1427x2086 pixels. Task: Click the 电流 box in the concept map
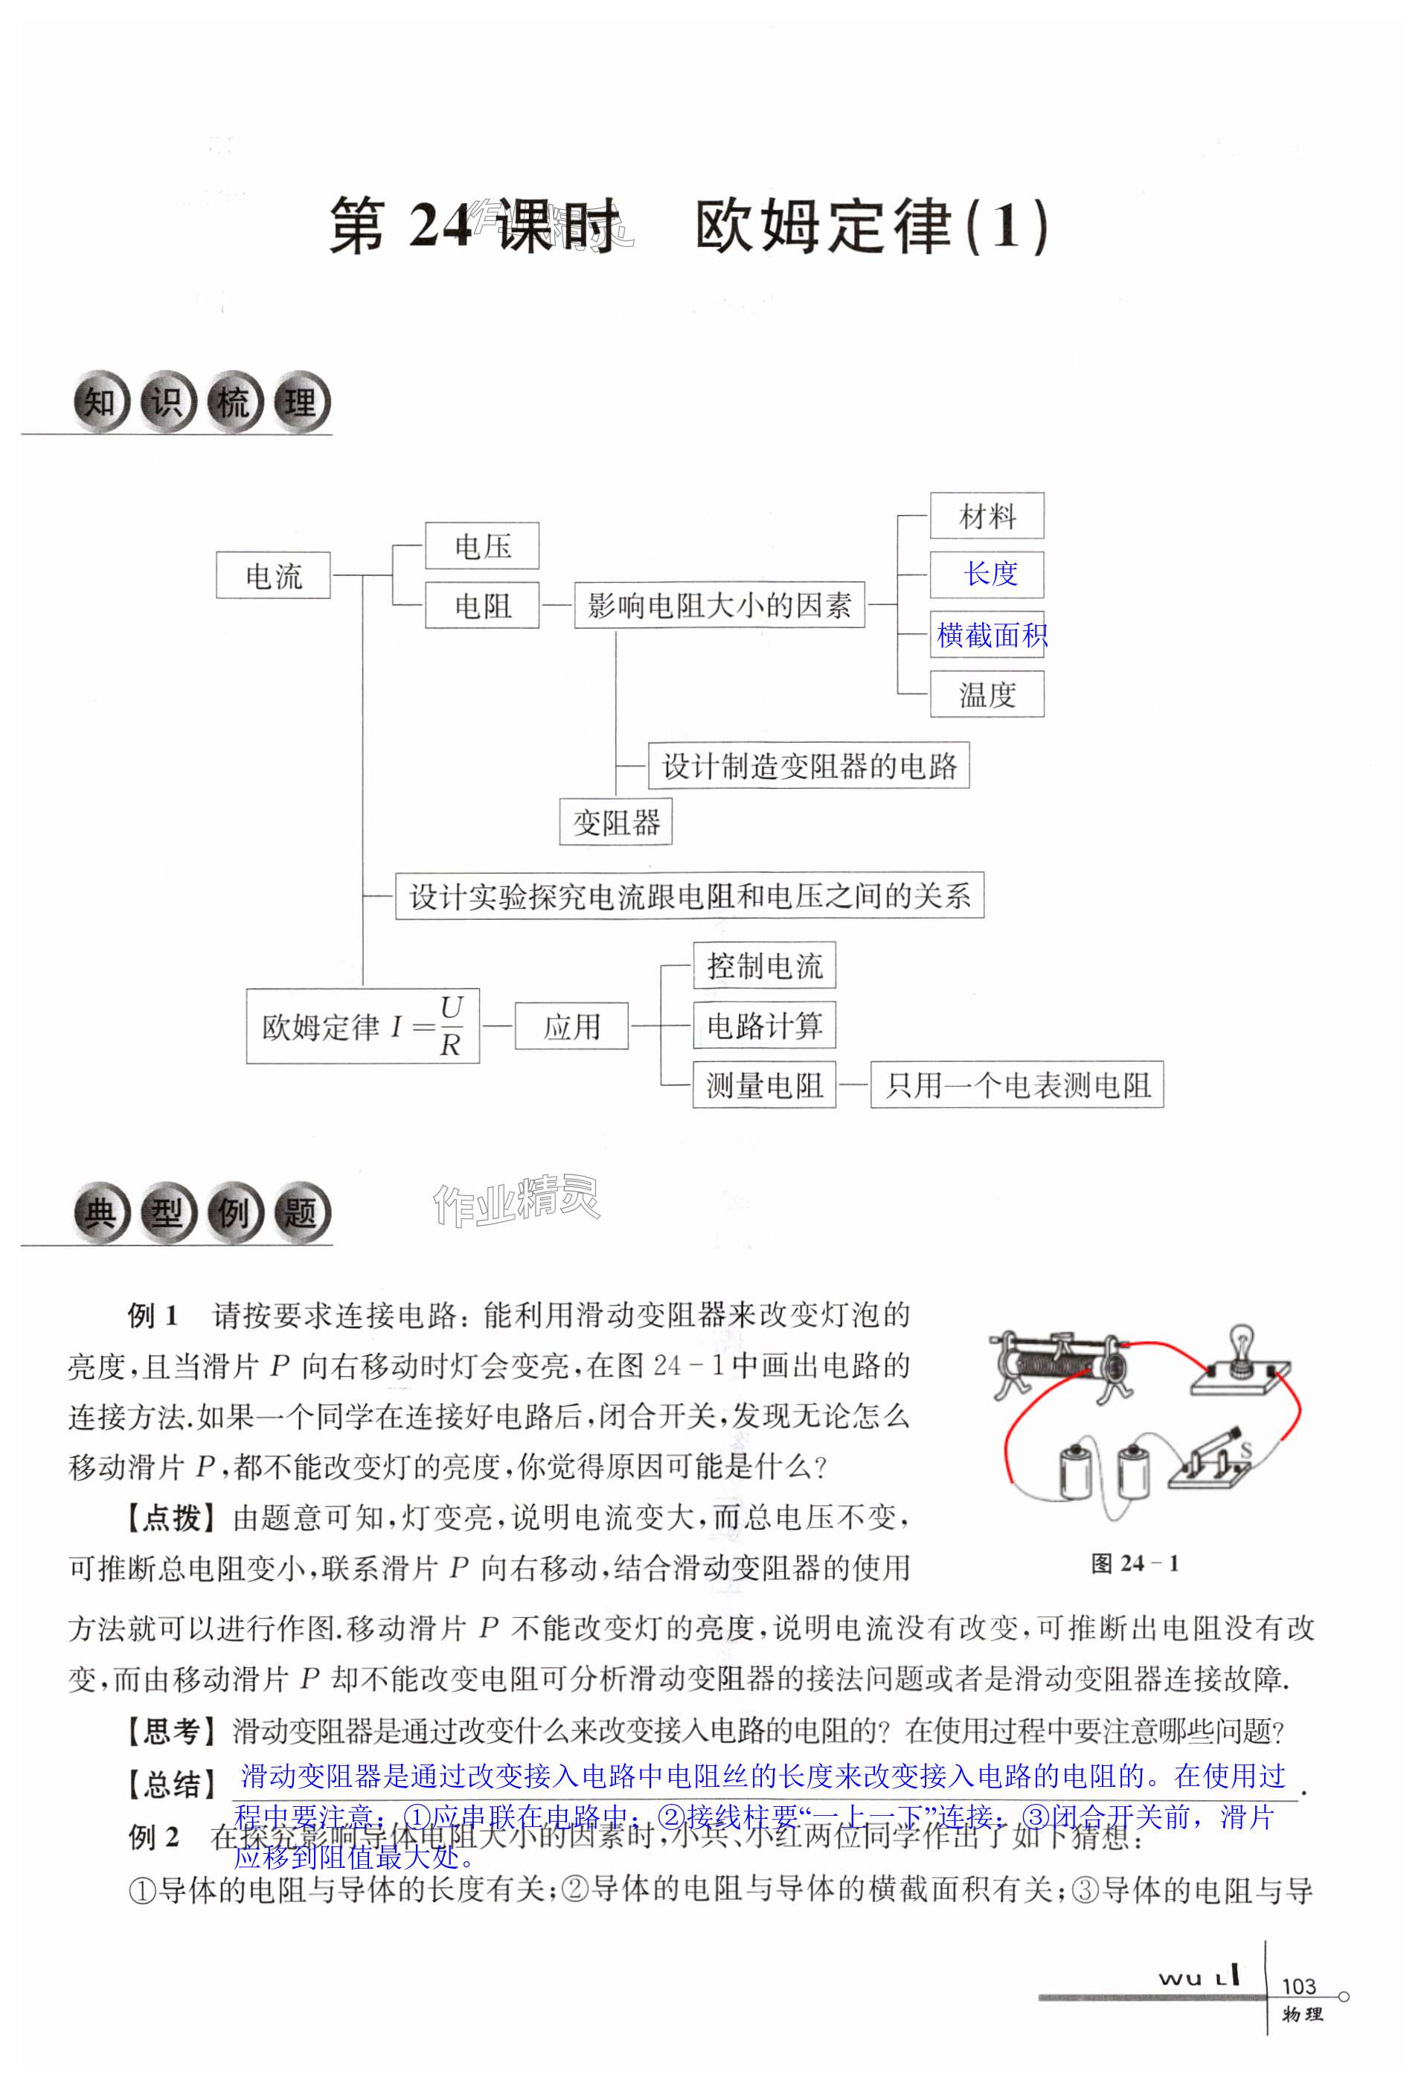273,575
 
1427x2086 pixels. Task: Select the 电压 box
482,546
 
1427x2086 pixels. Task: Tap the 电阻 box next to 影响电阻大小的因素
482,606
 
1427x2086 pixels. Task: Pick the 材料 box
987,516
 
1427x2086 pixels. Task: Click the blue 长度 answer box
987,575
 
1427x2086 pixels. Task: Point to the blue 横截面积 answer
991,635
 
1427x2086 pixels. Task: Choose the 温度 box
987,694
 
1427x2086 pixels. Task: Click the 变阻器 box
616,822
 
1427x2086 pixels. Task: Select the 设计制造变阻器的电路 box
809,766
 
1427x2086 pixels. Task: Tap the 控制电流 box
764,966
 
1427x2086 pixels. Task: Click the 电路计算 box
764,1025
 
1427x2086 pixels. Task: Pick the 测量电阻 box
764,1085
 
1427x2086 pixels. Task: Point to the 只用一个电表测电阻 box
1017,1085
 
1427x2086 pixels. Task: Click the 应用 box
571,1026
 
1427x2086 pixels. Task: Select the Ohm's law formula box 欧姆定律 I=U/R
362,1026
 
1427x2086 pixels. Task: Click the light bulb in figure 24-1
1241,1346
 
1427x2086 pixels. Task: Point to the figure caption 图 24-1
1135,1563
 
